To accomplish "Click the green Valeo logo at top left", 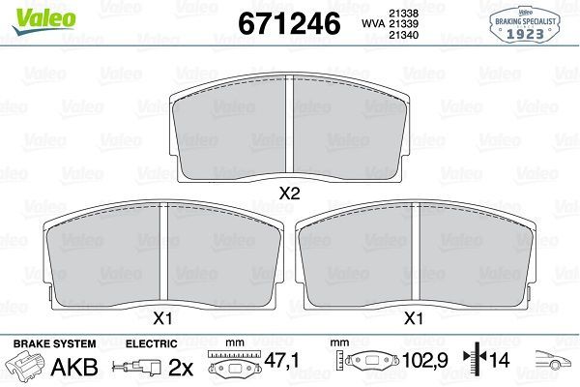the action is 43,20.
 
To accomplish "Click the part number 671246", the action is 289,23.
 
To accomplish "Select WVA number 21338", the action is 403,14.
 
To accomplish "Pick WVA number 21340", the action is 403,35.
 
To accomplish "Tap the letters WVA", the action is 373,23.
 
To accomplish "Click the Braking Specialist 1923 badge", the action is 525,24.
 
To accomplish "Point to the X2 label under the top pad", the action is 289,193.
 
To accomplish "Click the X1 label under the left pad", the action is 162,318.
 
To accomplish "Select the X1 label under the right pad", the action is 414,318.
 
